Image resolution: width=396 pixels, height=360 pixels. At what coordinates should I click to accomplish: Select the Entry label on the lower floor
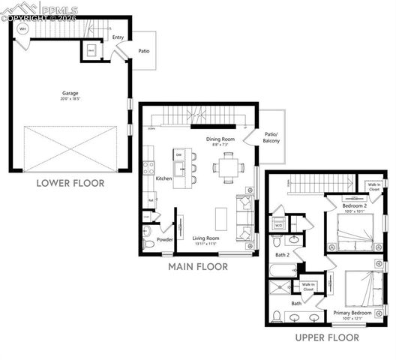[x=118, y=37]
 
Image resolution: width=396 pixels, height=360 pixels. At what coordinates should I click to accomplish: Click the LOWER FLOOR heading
[x=70, y=182]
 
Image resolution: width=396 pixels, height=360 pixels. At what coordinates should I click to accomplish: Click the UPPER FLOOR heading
[x=326, y=337]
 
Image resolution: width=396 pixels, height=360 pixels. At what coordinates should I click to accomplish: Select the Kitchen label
[x=163, y=179]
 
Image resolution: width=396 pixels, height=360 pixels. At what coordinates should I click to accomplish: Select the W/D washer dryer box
[x=278, y=224]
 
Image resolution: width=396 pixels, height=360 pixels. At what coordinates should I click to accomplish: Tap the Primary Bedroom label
[x=352, y=313]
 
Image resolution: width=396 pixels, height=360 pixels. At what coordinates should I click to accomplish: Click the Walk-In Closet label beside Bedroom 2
[x=373, y=187]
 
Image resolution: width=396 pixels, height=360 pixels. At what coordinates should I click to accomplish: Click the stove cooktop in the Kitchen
[x=148, y=169]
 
